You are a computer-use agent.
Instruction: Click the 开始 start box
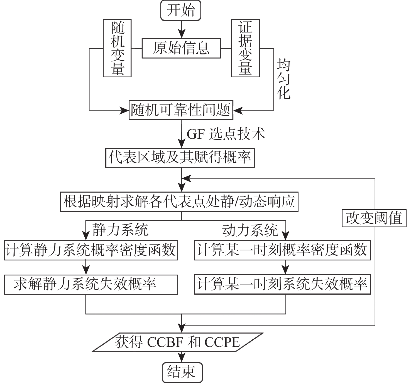pos(181,11)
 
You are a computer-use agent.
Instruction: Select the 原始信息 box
pos(181,48)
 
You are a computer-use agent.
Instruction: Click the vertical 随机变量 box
pos(117,48)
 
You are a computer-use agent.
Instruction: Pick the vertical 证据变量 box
pos(245,48)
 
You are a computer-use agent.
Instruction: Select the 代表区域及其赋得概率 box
pos(180,158)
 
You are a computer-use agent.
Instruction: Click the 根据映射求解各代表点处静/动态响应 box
pos(179,202)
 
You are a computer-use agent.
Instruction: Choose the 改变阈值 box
pos(374,218)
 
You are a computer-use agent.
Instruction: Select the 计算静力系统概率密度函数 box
pos(91,250)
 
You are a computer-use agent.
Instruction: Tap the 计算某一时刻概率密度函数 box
pos(282,250)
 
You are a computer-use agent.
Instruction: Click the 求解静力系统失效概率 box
pos(91,284)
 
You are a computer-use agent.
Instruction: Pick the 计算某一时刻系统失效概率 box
pos(282,284)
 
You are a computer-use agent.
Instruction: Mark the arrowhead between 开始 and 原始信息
pos(182,34)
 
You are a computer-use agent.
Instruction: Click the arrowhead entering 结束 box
pos(182,359)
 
